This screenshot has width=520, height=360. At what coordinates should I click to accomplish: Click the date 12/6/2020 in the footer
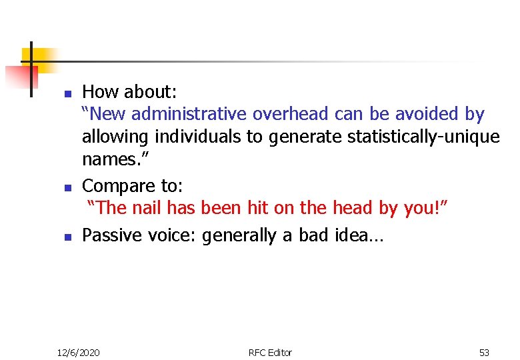point(78,352)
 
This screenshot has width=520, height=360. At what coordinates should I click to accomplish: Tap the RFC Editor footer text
point(270,352)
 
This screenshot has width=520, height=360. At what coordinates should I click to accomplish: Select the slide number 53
point(484,352)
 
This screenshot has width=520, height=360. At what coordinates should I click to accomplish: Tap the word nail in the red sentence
point(147,208)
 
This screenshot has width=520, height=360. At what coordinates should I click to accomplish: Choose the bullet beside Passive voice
point(67,237)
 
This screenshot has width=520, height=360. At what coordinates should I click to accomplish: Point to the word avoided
point(421,114)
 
